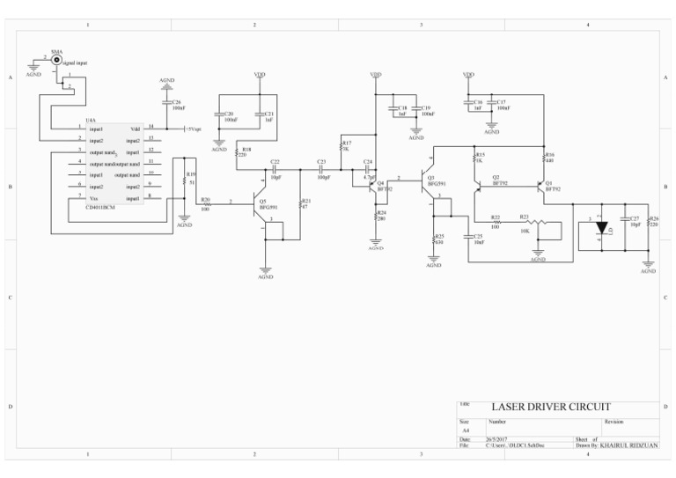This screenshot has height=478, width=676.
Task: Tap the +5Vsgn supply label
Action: pos(192,129)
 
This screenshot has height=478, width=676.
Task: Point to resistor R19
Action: pos(184,180)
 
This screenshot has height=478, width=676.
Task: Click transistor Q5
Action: pos(262,203)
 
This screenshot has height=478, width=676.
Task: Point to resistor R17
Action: pos(342,147)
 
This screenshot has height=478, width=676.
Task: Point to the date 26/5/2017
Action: pos(498,438)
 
